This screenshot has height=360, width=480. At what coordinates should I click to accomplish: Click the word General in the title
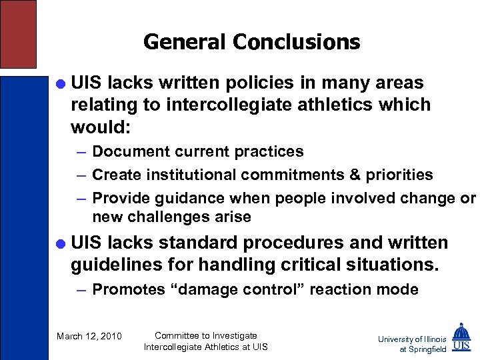point(185,42)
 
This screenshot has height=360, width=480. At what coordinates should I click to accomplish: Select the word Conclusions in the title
point(297,42)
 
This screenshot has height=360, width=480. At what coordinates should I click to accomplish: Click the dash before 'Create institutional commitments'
point(81,175)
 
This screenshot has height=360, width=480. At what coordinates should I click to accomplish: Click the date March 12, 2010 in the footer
point(89,336)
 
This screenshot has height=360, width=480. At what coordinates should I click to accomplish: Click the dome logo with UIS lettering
point(461,337)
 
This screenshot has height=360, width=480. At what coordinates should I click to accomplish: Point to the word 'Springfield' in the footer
point(427,349)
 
